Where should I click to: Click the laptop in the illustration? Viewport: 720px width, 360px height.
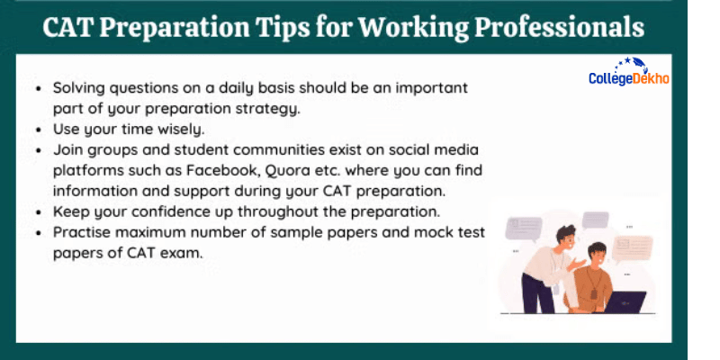pos(625,301)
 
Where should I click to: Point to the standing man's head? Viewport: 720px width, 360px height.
pos(568,237)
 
